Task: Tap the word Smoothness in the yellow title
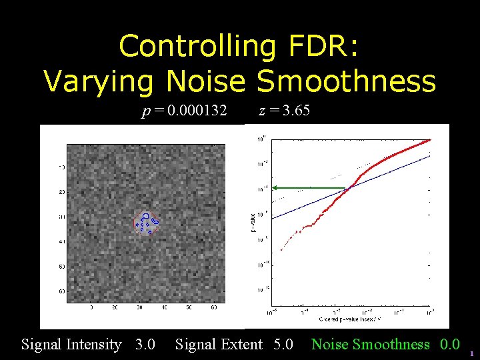pyautogui.click(x=346, y=81)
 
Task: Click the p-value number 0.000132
pyautogui.click(x=197, y=111)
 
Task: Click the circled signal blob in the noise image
pyautogui.click(x=145, y=222)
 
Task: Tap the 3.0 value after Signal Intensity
pyautogui.click(x=145, y=345)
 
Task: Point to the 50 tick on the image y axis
pyautogui.click(x=61, y=267)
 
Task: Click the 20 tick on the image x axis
pyautogui.click(x=115, y=308)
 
